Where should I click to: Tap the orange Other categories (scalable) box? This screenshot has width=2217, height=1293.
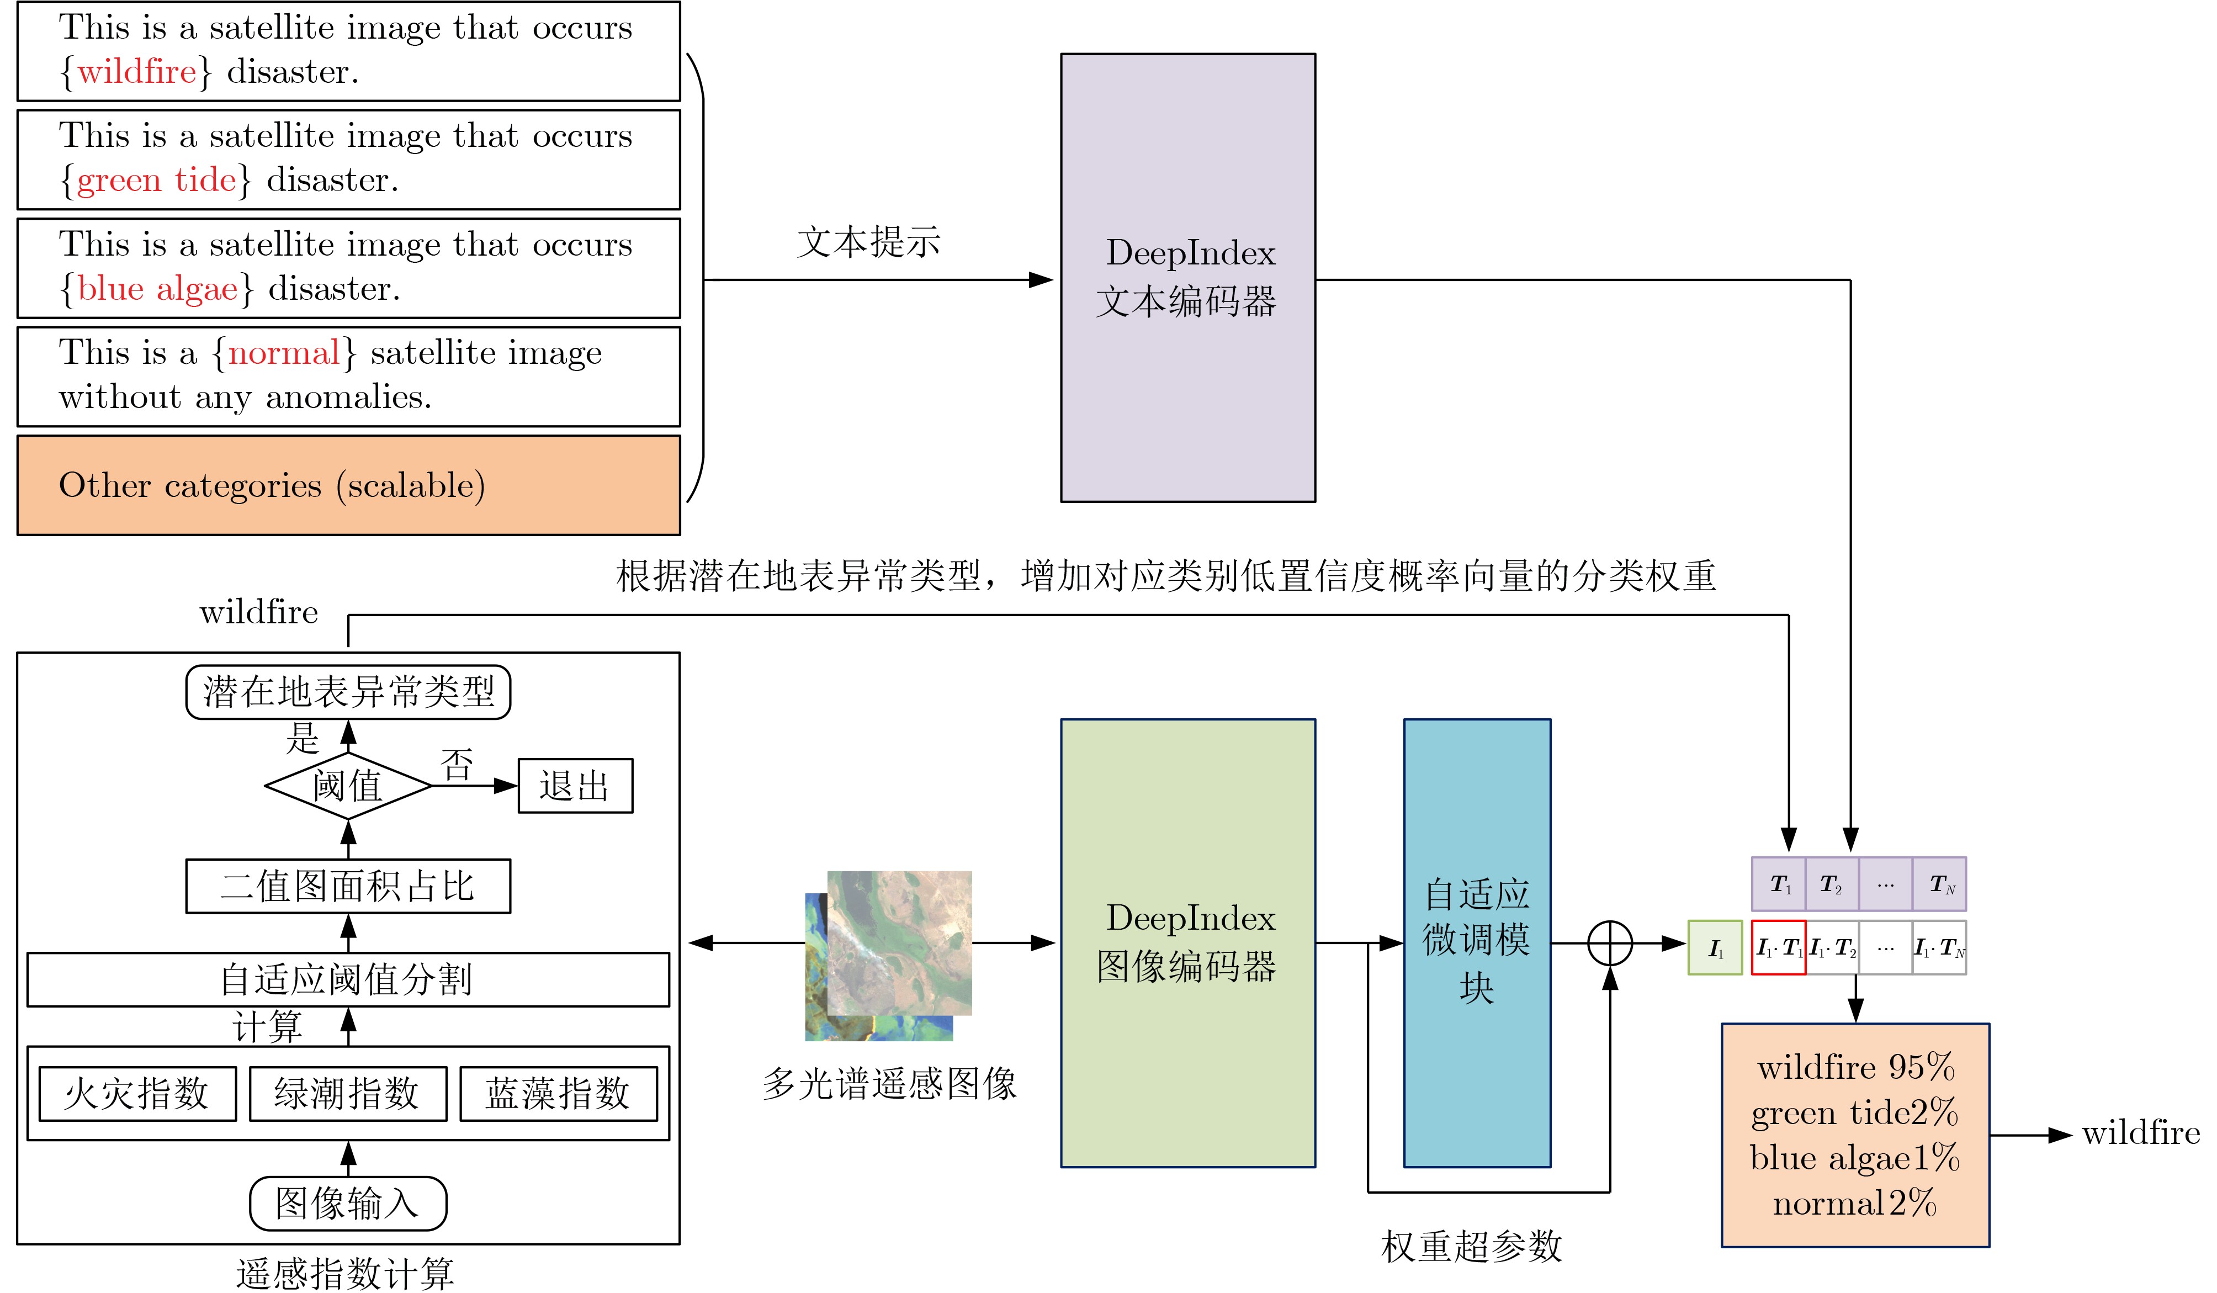(348, 485)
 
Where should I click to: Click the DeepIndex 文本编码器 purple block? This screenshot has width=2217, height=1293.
(1187, 278)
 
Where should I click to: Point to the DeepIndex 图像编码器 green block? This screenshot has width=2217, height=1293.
(1187, 943)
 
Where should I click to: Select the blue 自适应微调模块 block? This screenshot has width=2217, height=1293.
(1476, 943)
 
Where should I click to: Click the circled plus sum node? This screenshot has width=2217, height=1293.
(1609, 944)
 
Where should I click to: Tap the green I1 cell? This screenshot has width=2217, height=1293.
(1715, 947)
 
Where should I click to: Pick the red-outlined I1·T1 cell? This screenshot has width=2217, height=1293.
(1778, 947)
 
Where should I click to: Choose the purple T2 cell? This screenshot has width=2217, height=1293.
(1832, 884)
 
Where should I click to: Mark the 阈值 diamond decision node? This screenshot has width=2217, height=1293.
(348, 786)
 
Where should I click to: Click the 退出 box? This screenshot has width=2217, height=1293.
(575, 786)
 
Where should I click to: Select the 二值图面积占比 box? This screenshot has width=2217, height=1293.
(348, 886)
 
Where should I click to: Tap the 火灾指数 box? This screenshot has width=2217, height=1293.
(137, 1093)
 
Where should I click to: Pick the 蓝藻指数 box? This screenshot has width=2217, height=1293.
(558, 1093)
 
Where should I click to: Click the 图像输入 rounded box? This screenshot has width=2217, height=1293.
(348, 1203)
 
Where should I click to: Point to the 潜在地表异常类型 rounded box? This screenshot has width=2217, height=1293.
(348, 691)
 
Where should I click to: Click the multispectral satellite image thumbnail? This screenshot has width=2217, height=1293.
(889, 955)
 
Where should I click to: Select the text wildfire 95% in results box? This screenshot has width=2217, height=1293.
(1855, 1068)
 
